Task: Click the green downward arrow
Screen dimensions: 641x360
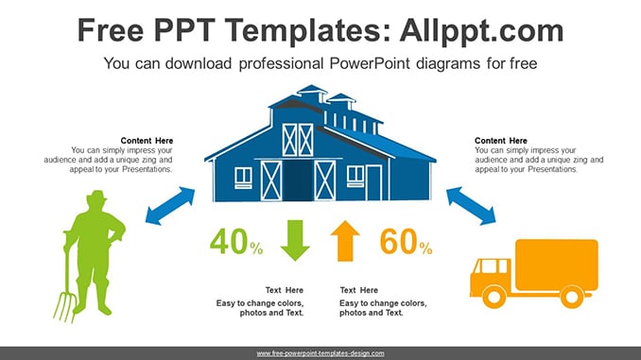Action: point(295,240)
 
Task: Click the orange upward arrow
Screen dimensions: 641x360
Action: point(345,241)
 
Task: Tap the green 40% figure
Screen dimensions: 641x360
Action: point(236,242)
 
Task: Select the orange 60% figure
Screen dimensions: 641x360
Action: point(406,242)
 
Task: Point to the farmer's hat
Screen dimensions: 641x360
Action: point(96,197)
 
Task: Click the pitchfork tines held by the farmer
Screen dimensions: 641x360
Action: point(64,306)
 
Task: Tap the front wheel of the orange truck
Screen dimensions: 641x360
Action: point(494,297)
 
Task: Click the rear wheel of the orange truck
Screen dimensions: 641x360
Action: point(571,297)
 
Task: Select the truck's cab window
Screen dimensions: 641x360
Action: point(490,266)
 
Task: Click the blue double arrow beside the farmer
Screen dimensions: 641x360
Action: point(170,206)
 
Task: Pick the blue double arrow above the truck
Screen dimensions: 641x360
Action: point(471,206)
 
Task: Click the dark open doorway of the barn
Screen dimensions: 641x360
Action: point(298,180)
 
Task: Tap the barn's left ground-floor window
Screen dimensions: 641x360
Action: point(243,178)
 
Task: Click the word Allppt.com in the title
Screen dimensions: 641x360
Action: point(481,30)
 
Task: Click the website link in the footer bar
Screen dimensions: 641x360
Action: point(320,353)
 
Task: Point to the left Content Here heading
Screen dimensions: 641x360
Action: point(147,141)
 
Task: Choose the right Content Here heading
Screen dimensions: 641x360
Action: point(501,141)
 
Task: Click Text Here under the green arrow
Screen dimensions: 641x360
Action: point(285,290)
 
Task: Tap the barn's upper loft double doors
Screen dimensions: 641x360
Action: point(298,140)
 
